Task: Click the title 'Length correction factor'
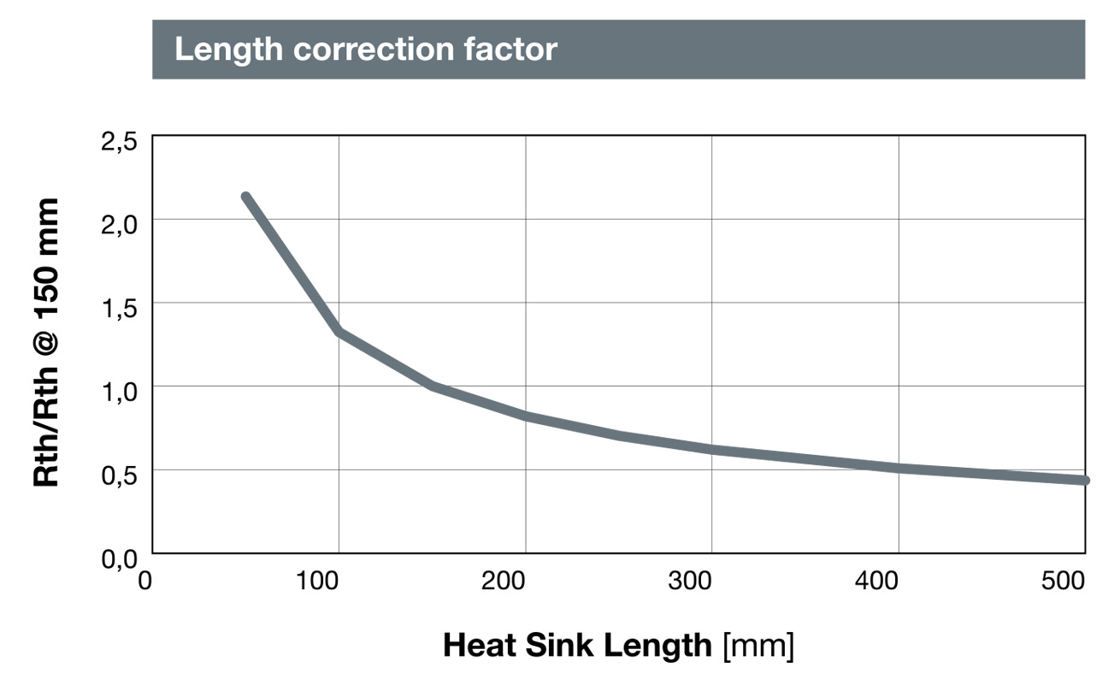pos(365,50)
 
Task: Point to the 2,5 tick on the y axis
pos(119,142)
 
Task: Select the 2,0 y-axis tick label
pos(119,225)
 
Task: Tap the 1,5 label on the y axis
pos(119,309)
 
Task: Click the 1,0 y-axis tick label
pos(119,393)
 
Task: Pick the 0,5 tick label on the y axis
pos(119,476)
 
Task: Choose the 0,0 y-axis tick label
pos(119,560)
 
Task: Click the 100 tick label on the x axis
pos(318,582)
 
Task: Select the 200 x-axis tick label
pos(504,582)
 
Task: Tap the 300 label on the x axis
pos(691,582)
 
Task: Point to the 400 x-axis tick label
pos(877,582)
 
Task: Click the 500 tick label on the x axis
pos(1064,582)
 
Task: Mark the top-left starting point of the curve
pos(246,198)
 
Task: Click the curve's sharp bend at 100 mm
pos(340,332)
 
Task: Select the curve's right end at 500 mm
pos(1084,481)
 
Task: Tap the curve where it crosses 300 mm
pos(712,449)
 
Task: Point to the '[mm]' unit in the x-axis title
pos(757,645)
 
